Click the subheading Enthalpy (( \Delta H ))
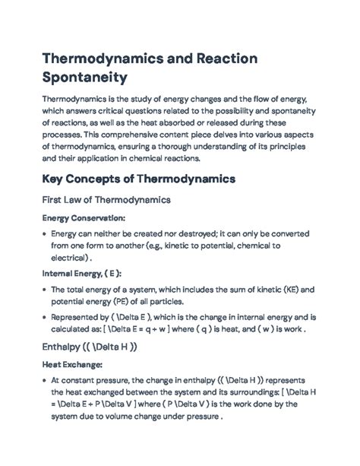coord(89,346)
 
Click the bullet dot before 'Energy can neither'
coord(42,233)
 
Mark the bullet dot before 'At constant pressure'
coord(42,379)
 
